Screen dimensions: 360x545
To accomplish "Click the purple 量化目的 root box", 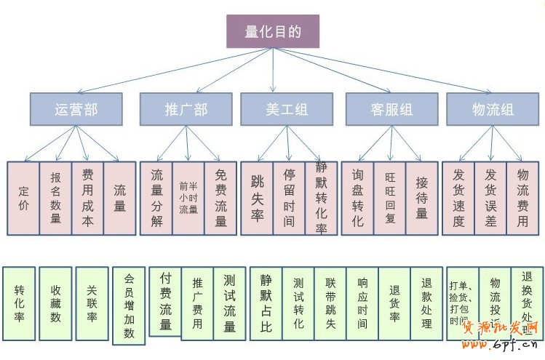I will tap(273, 31).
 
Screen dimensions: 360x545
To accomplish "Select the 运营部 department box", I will tap(76, 109).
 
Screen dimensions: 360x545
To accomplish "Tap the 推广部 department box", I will tap(186, 109).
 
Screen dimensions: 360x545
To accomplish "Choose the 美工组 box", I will tap(286, 109).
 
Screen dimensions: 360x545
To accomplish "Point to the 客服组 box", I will tap(391, 109).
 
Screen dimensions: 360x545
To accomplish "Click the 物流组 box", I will tap(493, 109).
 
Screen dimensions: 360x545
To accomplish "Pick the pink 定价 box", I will tap(23, 198).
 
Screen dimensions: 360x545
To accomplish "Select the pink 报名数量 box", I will tap(55, 198).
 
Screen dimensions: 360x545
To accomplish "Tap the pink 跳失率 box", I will tap(257, 198).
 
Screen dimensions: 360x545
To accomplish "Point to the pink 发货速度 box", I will tap(458, 198).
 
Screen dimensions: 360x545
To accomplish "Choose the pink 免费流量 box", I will tap(220, 198).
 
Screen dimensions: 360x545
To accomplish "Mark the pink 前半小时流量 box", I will tap(188, 198).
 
